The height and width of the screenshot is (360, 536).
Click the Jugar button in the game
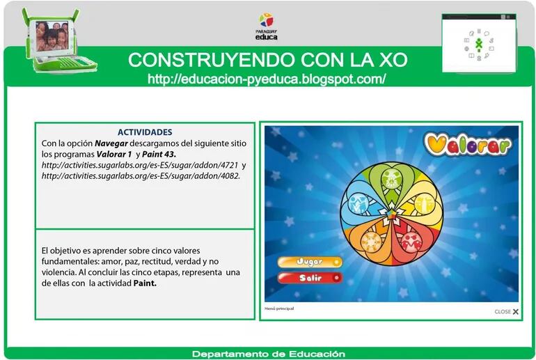pos(310,262)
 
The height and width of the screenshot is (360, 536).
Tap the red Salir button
pos(310,278)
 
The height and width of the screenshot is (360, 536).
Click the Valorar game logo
pos(467,144)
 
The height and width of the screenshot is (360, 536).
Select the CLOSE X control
pos(507,311)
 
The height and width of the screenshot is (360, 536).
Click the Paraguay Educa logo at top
pos(267,26)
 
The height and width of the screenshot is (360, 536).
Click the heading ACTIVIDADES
pos(145,132)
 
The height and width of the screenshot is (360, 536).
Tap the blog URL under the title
pos(267,79)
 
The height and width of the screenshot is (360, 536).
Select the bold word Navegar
pos(114,143)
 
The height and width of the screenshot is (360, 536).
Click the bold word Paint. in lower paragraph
pos(145,284)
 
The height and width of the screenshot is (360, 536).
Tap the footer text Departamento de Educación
pos(268,354)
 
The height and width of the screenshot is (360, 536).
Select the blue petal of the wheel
pos(360,203)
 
